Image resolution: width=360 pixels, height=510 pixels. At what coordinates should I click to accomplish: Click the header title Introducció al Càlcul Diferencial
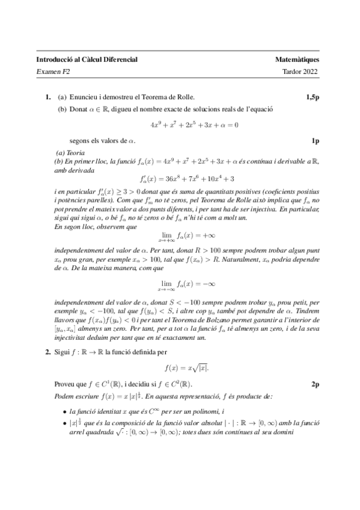87,60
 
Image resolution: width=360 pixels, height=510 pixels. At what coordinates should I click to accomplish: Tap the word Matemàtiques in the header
297,60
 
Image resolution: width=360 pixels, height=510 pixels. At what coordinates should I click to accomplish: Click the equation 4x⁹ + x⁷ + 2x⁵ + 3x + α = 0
194,125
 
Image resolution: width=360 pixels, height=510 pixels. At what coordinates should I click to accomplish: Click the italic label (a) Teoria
70,153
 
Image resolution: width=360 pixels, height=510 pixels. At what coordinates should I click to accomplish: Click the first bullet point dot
65,411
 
